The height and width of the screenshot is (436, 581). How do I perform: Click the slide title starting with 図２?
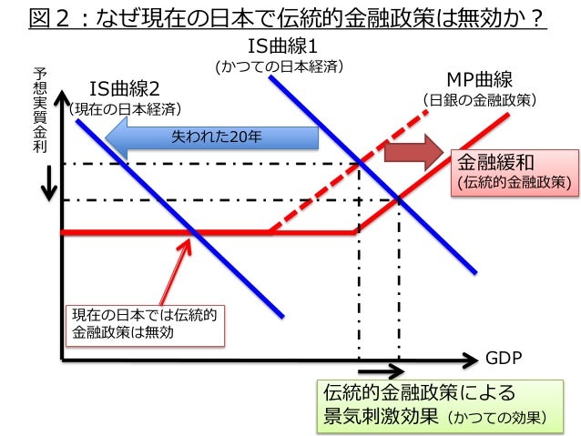pos(289,18)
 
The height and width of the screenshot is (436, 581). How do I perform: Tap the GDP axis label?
pos(503,358)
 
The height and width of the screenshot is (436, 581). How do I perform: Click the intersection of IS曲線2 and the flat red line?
pos(198,233)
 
